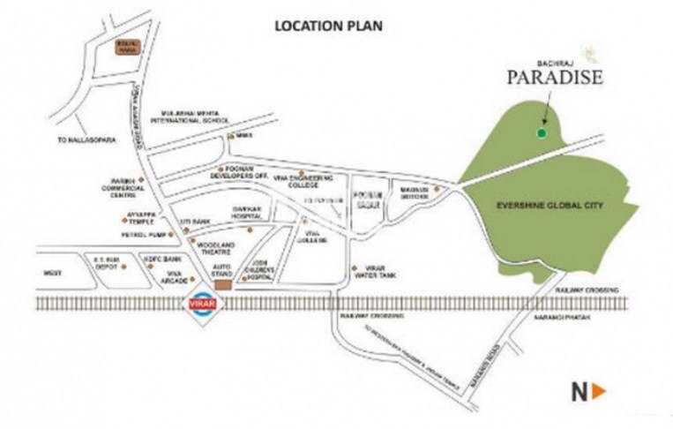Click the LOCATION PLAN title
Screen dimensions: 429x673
click(x=328, y=26)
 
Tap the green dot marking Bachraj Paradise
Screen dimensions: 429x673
click(x=541, y=133)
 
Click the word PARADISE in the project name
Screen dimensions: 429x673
click(x=554, y=78)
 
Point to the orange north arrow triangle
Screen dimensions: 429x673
click(x=599, y=391)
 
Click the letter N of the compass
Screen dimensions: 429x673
click(x=580, y=391)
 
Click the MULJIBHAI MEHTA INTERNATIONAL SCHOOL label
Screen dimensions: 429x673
click(x=189, y=118)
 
